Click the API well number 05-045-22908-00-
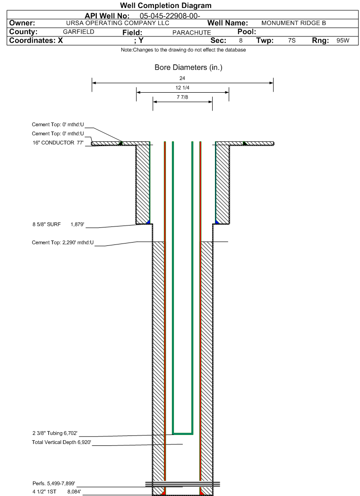coord(170,16)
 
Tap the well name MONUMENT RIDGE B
coord(293,23)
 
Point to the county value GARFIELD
coord(78,32)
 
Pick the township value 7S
coord(291,41)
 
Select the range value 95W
coord(343,41)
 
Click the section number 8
coord(240,41)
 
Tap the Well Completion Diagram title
coord(166,6)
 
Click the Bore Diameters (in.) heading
coord(188,68)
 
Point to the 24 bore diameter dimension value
coord(182,78)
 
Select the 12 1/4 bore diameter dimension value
coord(182,88)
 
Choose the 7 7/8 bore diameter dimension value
coord(182,98)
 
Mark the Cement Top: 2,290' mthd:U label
coord(63,243)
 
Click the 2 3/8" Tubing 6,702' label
coord(55,433)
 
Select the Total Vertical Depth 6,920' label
coord(61,442)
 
